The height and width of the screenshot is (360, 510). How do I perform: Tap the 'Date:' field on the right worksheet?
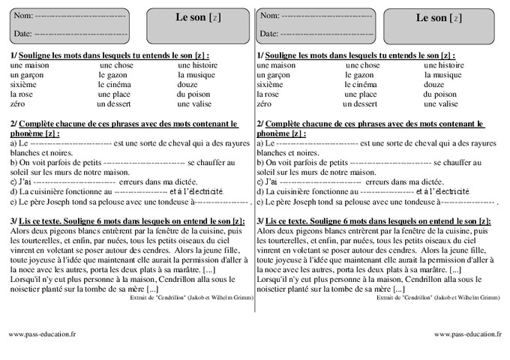coord(316,34)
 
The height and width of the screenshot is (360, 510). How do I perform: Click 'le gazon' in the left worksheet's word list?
coord(112,75)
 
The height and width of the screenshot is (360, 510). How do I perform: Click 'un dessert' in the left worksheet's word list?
coord(115,104)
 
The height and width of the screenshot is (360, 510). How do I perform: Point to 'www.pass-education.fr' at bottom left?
coord(42,334)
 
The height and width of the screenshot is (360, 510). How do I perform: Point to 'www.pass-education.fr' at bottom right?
coord(466,334)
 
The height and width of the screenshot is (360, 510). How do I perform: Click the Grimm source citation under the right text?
coord(436,298)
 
